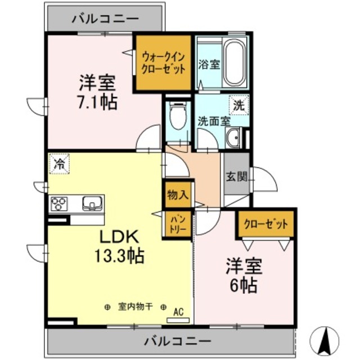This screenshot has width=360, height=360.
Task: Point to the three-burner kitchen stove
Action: coord(60,203)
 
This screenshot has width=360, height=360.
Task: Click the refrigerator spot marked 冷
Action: coord(58,164)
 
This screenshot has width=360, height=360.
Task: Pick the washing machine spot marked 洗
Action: coord(238,104)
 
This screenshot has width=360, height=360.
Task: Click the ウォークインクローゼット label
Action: coord(163,62)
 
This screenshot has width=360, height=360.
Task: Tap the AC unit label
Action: coord(178,310)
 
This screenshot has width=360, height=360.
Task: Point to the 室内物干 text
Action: coord(135,307)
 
